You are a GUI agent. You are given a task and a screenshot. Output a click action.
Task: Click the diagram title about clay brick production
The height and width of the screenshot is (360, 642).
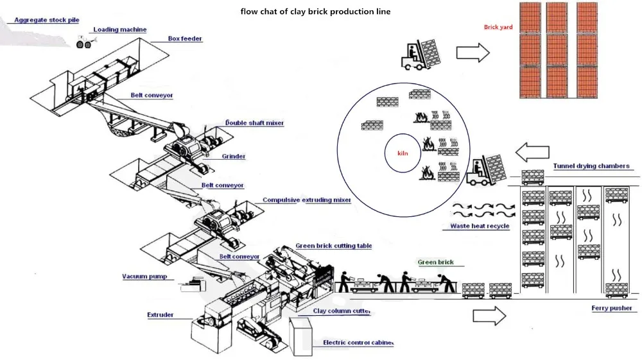315,12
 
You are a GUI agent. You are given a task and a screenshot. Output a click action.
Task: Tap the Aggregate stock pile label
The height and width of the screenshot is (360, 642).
47,21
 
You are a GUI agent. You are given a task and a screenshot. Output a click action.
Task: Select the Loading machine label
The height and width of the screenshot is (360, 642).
119,30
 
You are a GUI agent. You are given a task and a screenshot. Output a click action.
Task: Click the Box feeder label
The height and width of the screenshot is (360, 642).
185,39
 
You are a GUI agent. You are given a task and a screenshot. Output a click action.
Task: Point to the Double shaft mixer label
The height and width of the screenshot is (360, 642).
254,123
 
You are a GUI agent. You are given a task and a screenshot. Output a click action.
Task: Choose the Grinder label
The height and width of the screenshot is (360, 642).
234,156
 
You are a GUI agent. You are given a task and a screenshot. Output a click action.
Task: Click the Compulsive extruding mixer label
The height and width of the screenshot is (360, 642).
306,200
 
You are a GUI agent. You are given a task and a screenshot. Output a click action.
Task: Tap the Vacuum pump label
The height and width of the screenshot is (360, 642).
144,277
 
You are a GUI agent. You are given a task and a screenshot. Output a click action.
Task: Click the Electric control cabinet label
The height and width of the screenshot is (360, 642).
358,343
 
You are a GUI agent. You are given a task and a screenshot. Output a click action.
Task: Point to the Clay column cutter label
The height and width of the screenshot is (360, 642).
342,311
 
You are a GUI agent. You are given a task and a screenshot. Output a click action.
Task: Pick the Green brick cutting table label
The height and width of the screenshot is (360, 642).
333,246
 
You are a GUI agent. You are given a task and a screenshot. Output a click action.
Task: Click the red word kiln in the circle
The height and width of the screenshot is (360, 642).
403,154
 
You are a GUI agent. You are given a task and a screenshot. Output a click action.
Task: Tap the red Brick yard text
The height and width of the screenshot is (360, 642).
498,28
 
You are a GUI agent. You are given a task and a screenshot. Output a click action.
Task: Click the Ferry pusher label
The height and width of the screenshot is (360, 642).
611,309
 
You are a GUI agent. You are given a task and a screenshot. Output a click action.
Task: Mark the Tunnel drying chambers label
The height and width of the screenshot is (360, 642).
591,166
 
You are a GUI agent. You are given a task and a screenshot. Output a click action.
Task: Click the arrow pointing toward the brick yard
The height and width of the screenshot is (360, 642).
472,54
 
